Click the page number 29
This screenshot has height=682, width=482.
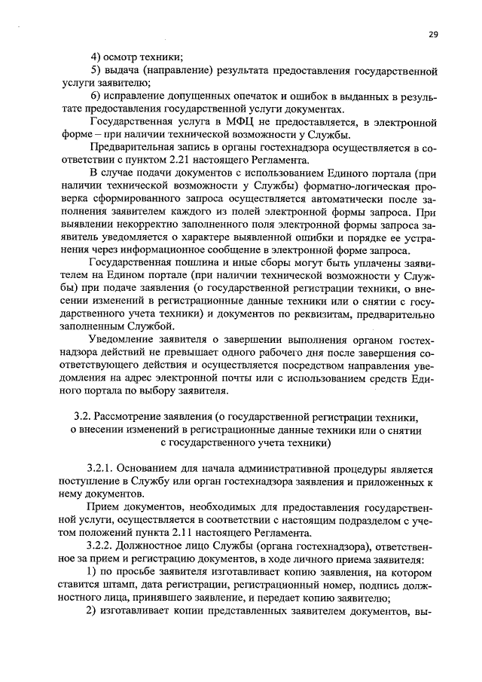click(434, 34)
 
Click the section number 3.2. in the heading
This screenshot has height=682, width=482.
click(84, 415)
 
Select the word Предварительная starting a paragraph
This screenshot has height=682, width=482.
click(133, 147)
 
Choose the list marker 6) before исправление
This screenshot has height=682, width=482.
click(96, 96)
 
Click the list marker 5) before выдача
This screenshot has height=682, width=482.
click(96, 70)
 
